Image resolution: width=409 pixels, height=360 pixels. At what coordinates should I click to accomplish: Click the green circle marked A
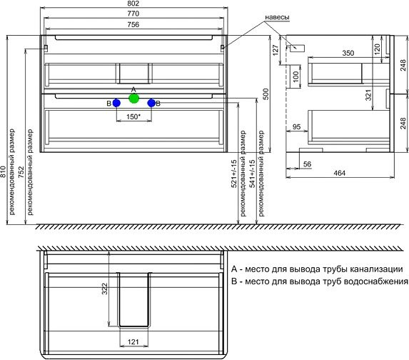133,98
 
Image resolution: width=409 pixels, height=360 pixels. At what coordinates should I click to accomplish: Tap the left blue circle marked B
116,104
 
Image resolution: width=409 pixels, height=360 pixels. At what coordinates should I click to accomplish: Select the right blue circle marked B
151,104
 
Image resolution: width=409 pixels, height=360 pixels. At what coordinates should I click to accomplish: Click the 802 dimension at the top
134,4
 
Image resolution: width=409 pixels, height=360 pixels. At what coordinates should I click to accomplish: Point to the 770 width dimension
134,15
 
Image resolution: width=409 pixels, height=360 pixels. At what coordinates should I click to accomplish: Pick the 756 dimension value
134,26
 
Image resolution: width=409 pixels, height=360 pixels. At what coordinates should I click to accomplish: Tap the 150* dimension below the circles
133,117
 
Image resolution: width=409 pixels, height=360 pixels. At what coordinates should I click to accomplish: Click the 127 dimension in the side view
275,49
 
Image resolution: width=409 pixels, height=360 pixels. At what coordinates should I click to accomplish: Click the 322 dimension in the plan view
103,289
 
